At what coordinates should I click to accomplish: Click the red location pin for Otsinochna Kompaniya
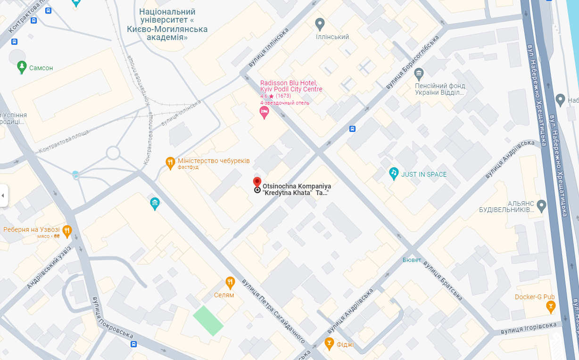tap(257, 182)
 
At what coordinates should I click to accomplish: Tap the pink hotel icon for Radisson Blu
tap(265, 112)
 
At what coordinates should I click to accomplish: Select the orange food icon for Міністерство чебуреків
tap(170, 163)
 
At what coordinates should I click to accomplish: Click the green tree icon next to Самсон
tap(21, 67)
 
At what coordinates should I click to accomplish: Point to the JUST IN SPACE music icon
tap(394, 173)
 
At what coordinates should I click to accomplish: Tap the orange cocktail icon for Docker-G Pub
tap(550, 307)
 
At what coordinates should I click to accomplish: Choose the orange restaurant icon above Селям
tap(230, 282)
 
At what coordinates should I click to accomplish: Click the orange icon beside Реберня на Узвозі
tap(67, 230)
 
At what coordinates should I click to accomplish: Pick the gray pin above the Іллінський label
tap(320, 24)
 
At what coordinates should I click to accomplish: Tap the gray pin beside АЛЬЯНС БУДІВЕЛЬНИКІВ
tap(541, 205)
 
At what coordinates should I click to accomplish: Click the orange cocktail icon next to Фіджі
tap(330, 344)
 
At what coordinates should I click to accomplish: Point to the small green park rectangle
tap(208, 321)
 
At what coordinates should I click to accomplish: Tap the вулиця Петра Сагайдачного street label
tap(273, 311)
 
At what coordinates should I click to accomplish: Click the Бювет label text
tap(412, 260)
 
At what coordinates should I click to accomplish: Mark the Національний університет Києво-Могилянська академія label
tap(167, 25)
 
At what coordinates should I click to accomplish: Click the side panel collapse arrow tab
tap(4, 195)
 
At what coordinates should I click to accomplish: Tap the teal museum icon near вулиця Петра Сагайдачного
tap(155, 204)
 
